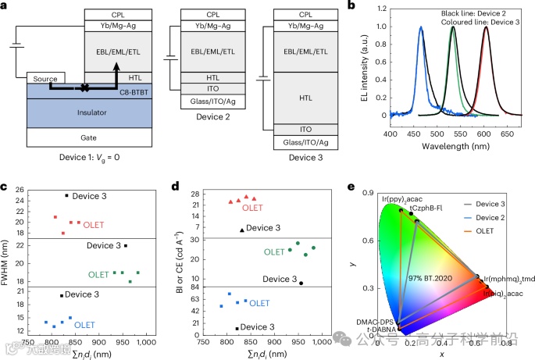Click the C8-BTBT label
[134, 92]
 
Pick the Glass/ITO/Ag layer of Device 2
[213, 102]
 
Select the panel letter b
[354, 6]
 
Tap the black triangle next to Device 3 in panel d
[242, 230]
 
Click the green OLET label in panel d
[273, 252]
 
